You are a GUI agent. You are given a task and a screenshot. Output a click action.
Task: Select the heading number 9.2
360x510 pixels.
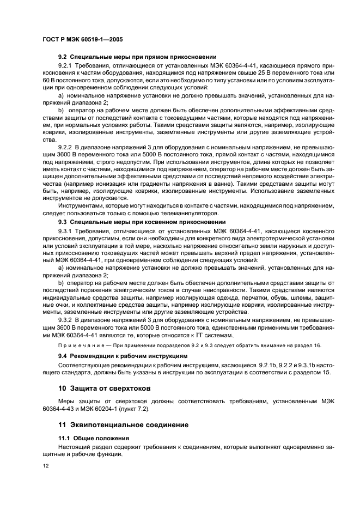coord(63,56)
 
